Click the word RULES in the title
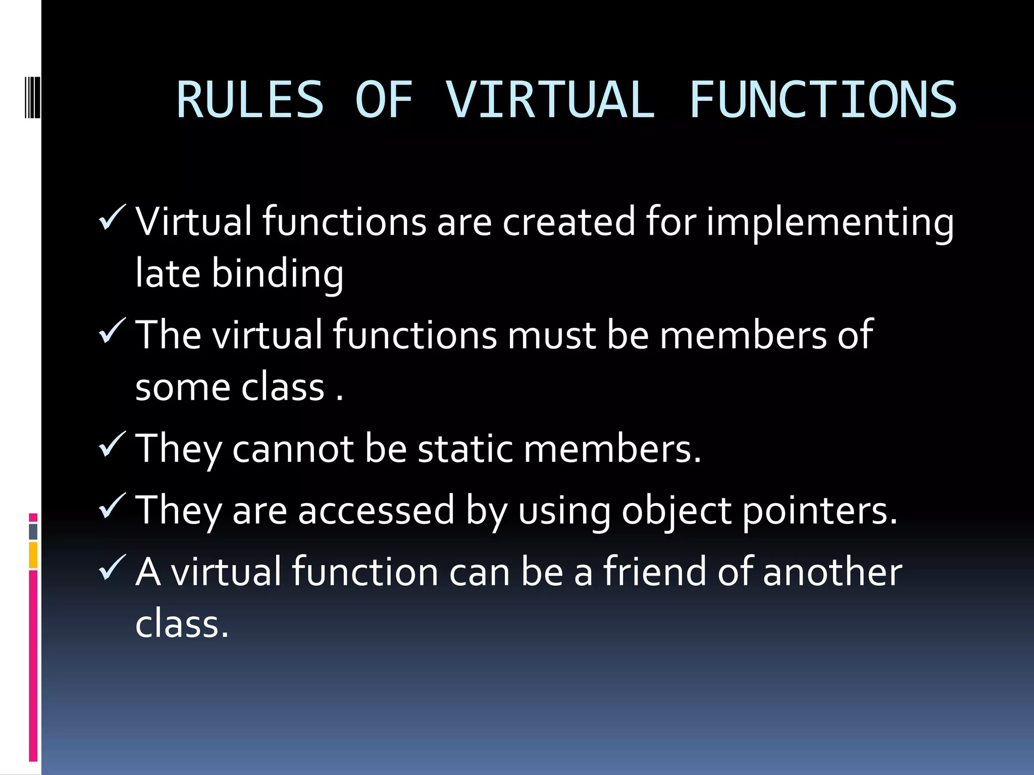(249, 100)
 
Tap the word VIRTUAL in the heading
(550, 100)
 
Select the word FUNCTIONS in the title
(822, 100)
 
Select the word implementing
(830, 223)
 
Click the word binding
(277, 274)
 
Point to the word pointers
(820, 511)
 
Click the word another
(832, 572)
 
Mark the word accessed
(376, 511)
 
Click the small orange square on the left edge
(33, 555)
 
